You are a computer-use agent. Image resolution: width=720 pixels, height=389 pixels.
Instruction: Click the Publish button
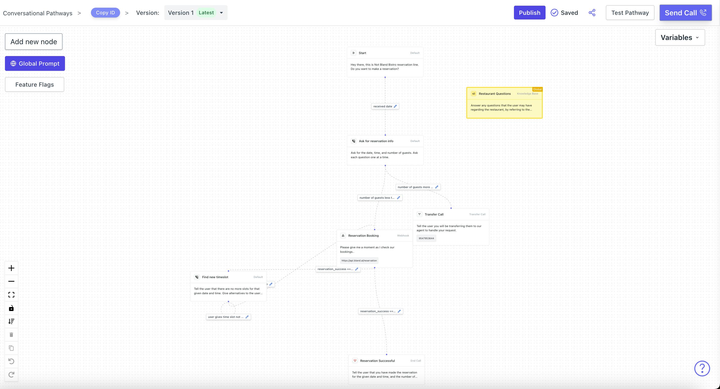coord(529,13)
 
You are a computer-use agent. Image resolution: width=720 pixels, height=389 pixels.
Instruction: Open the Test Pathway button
coord(630,13)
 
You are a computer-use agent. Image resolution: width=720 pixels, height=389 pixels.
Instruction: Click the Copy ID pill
coord(105,13)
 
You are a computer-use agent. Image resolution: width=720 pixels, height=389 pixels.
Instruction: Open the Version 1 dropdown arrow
coord(221,13)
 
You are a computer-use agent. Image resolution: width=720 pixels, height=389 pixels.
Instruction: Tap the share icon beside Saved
coord(592,13)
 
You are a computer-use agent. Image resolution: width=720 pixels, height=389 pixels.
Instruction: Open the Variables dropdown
coord(680,38)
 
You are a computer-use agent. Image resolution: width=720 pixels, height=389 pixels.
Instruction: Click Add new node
coord(34,42)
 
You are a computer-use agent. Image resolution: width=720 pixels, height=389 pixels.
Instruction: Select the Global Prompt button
coord(35,63)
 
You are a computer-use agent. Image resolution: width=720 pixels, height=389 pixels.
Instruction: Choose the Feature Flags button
coord(35,84)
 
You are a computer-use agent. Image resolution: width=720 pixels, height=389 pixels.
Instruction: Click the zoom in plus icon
coord(11,268)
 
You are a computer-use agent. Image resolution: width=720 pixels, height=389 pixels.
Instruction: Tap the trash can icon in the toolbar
coord(11,334)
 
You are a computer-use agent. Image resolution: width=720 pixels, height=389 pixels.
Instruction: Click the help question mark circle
coord(702,369)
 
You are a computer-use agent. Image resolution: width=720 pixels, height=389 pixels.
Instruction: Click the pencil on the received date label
coord(395,106)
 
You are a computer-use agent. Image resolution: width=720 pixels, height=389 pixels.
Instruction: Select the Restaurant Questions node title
coord(495,94)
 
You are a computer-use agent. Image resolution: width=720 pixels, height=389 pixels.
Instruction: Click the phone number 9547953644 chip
coord(426,238)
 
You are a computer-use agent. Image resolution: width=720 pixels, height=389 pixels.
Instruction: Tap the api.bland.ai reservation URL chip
coord(359,261)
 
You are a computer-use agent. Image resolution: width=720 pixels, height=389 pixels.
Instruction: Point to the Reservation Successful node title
coord(377,361)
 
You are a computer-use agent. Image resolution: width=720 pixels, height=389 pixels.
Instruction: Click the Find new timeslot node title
coord(215,277)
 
